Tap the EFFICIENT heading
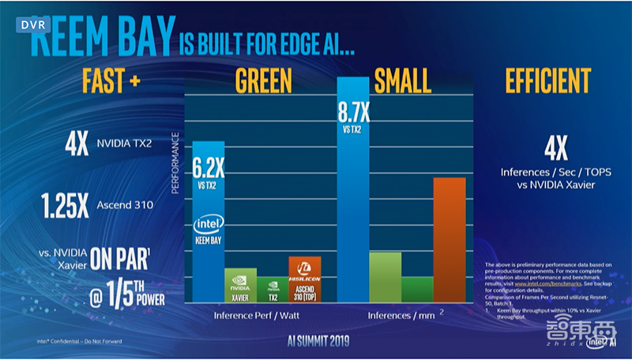tap(546, 81)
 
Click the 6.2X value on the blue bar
tap(209, 166)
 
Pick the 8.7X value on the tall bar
tap(352, 108)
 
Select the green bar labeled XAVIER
tap(240, 282)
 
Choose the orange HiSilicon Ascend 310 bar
tap(304, 276)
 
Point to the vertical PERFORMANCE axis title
tap(176, 167)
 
